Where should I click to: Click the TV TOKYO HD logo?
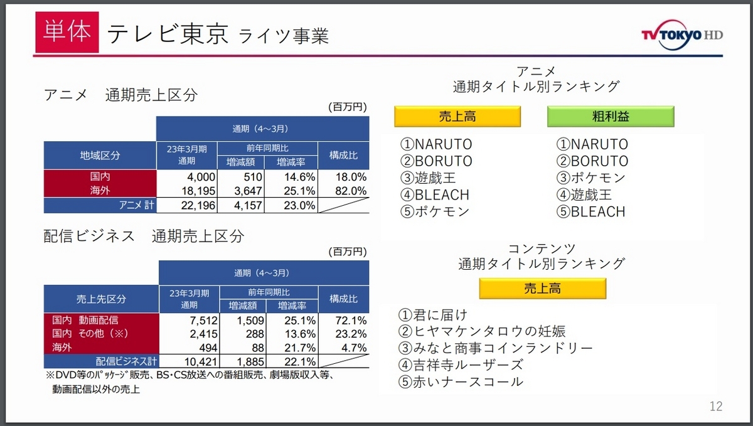pyautogui.click(x=681, y=35)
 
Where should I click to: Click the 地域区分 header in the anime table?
pyautogui.click(x=100, y=155)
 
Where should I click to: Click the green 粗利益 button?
pyautogui.click(x=610, y=117)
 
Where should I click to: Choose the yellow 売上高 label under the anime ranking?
pyautogui.click(x=457, y=117)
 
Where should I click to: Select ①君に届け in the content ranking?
pyautogui.click(x=434, y=314)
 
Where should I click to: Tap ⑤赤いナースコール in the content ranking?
pyautogui.click(x=461, y=381)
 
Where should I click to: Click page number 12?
pyautogui.click(x=716, y=406)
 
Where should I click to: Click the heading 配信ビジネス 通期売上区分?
pyautogui.click(x=144, y=237)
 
